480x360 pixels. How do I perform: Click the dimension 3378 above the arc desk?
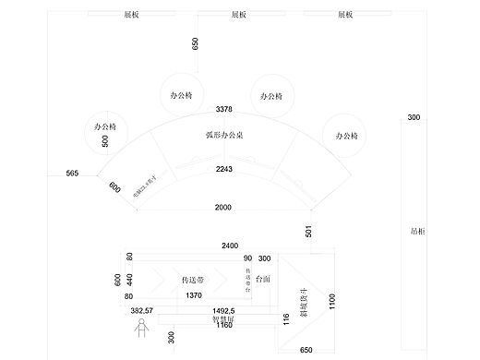coord(223,110)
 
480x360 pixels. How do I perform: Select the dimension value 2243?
coord(223,170)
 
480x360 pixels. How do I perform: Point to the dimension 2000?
coord(223,207)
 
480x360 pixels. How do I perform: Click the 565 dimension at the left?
coord(72,174)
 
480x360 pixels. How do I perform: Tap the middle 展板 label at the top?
coord(238,16)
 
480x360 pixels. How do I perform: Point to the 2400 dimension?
coord(230,246)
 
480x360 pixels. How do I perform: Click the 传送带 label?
coord(192,278)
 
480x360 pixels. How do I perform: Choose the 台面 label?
coord(263,278)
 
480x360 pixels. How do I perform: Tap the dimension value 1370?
coord(193,295)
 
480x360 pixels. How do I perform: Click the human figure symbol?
coord(141,329)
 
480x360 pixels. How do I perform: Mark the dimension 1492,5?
coord(224,311)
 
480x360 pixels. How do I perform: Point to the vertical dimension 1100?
coord(332,301)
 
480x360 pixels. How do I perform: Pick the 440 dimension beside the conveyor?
coord(130,278)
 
